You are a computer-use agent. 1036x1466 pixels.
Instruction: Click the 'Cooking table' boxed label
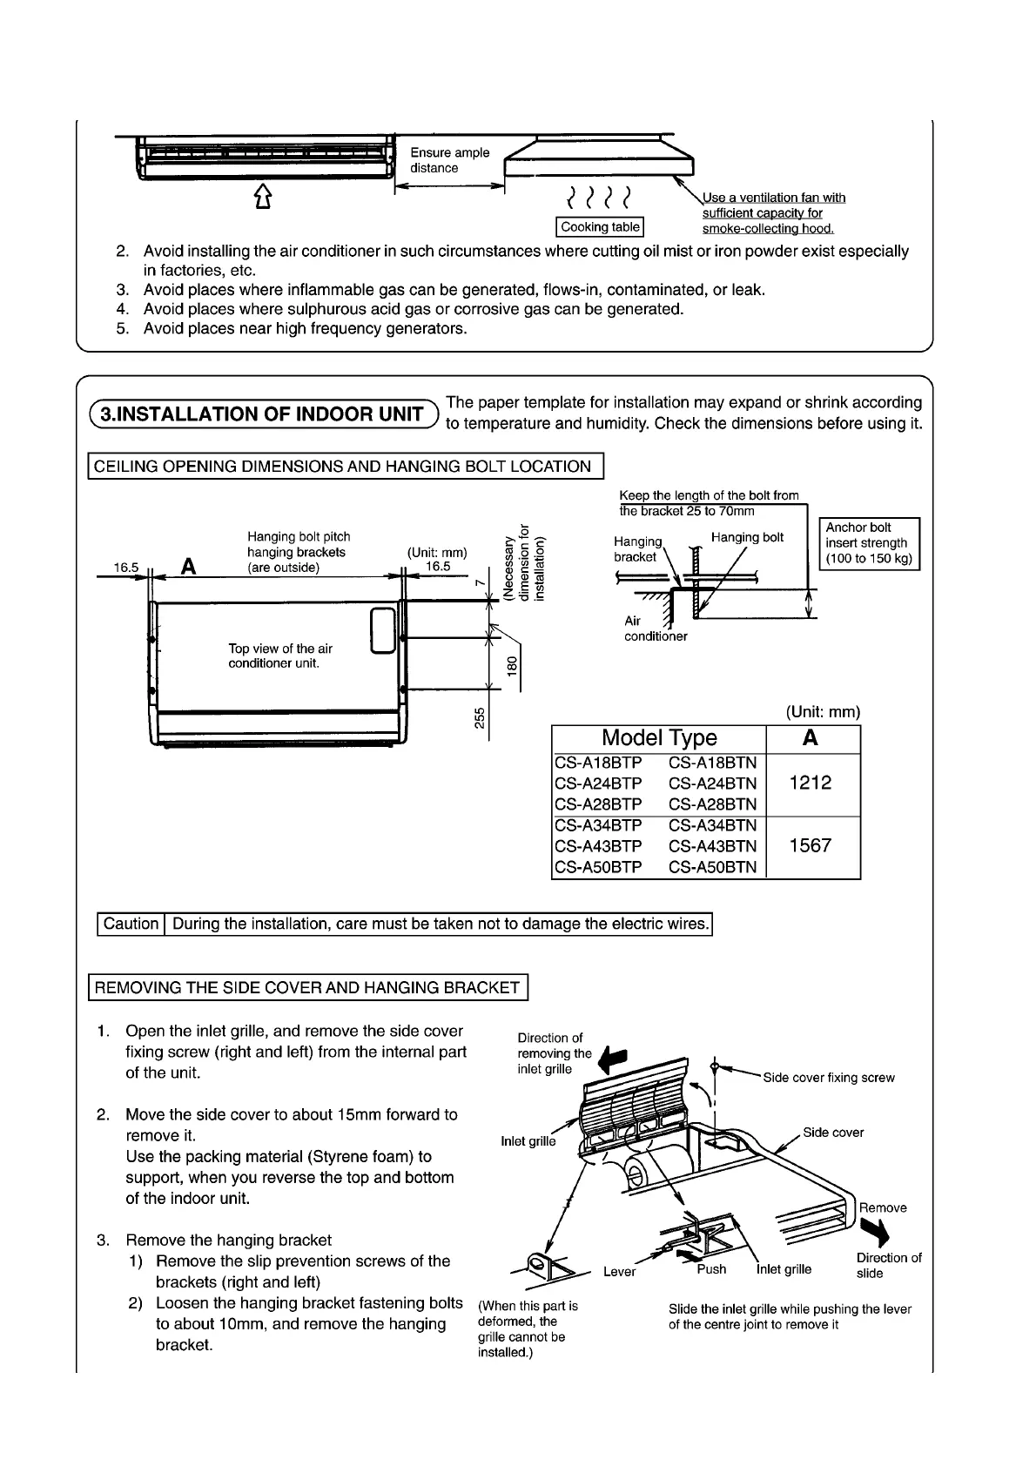(600, 227)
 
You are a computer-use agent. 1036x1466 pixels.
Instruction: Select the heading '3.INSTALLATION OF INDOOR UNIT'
(261, 414)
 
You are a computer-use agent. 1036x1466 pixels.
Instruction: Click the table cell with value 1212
(811, 783)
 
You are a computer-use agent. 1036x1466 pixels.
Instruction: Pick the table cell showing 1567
(811, 845)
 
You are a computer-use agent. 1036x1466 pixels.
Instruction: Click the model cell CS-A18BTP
(598, 763)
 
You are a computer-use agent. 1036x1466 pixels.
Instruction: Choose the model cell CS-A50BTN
(712, 867)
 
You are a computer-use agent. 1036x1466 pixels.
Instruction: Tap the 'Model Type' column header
(659, 738)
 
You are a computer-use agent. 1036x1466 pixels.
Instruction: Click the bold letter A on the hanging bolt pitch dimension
(188, 567)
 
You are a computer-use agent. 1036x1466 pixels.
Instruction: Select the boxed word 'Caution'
(131, 924)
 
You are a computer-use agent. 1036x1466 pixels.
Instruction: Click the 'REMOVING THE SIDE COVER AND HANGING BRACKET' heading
(307, 987)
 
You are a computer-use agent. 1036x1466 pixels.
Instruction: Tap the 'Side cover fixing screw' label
(828, 1078)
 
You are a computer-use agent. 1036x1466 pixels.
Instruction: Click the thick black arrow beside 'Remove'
(874, 1231)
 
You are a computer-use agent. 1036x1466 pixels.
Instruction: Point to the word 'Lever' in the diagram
(619, 1272)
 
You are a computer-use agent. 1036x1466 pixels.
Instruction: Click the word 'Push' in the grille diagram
(711, 1269)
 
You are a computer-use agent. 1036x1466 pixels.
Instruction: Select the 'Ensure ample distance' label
(449, 160)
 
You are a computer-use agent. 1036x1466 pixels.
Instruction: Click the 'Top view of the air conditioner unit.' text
(279, 656)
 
